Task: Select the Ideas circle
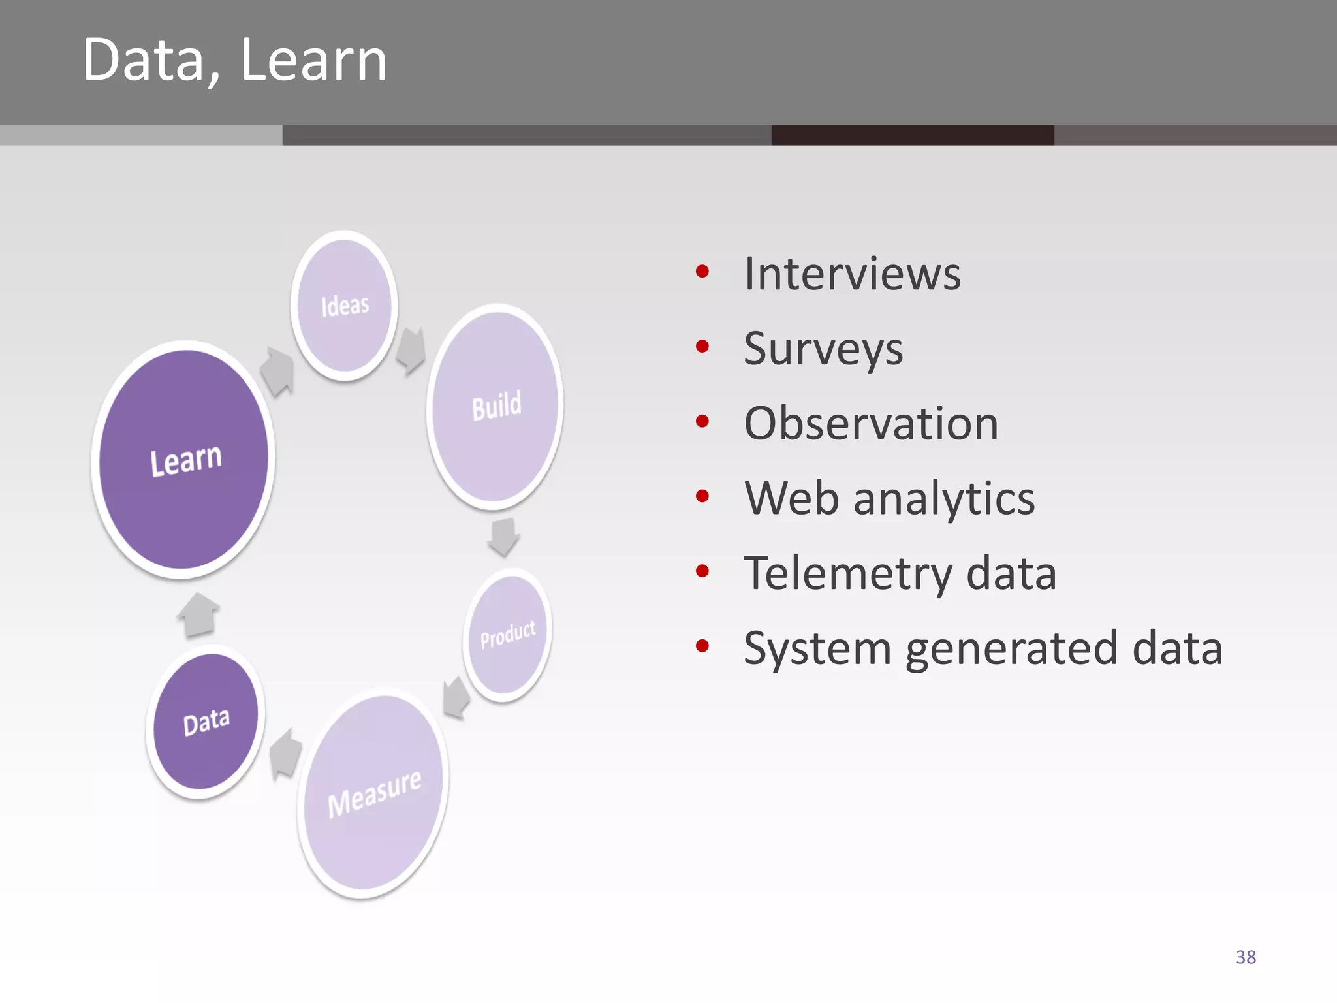[344, 306]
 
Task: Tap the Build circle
[495, 406]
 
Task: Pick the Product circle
[508, 635]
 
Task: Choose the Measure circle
[373, 793]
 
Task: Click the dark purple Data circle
[206, 722]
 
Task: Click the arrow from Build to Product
[503, 537]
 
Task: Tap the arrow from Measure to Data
[285, 754]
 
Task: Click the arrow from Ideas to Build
[411, 351]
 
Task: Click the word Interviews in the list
[852, 274]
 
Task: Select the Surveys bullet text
[823, 349]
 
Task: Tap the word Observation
[871, 423]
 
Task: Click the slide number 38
[1246, 957]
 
